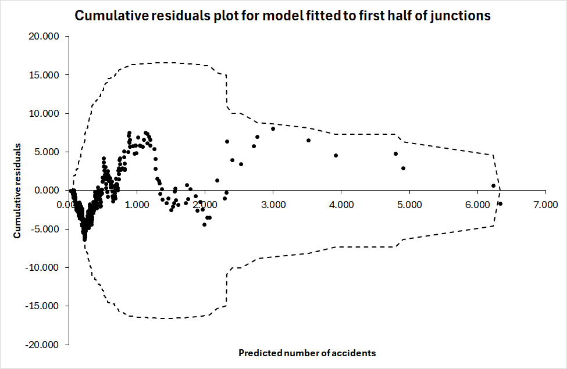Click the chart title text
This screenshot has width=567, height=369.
click(x=283, y=16)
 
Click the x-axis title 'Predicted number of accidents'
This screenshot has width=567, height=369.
click(x=307, y=353)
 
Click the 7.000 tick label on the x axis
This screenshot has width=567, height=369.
click(x=545, y=205)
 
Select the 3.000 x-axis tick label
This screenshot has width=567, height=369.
click(x=273, y=205)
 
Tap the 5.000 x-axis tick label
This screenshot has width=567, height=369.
click(x=409, y=205)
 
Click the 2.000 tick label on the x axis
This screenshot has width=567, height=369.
click(x=205, y=205)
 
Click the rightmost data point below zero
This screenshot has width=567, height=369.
click(x=500, y=203)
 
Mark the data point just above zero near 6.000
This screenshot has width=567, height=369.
click(x=493, y=186)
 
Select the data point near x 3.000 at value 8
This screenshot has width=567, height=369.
click(x=273, y=128)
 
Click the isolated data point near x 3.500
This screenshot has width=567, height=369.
click(x=308, y=140)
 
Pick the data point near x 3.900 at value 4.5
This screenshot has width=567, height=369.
click(x=336, y=155)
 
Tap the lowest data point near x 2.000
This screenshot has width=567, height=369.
click(x=204, y=224)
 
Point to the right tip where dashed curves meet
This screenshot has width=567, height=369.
click(x=500, y=190)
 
